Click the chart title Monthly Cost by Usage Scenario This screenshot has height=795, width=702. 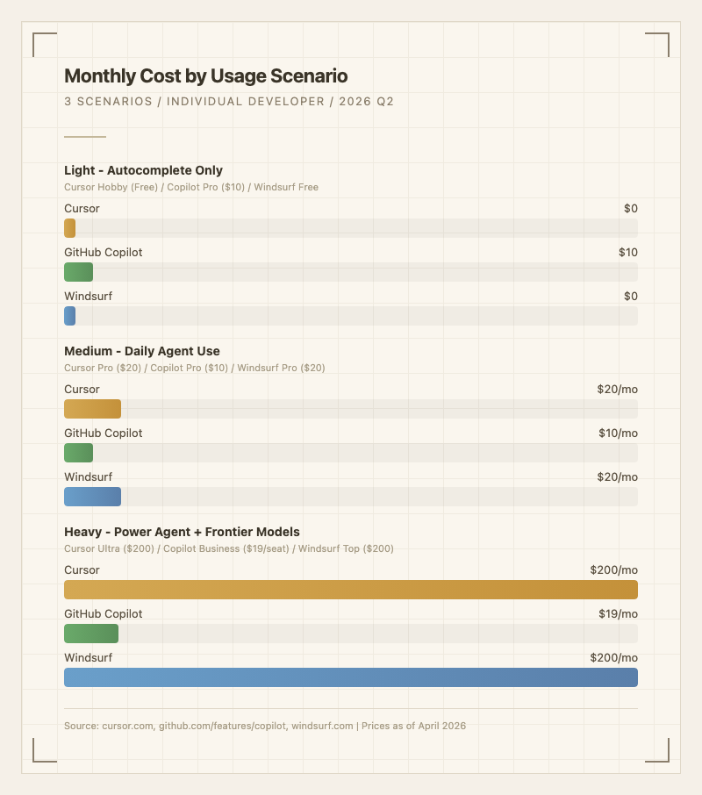pos(206,76)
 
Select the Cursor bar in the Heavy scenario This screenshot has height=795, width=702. pos(351,590)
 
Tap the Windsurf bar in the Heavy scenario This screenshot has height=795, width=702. pos(351,677)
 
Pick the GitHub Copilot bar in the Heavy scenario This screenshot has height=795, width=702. pos(91,634)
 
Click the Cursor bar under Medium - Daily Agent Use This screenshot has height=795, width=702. pos(92,409)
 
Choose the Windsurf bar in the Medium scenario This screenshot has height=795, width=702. pos(92,497)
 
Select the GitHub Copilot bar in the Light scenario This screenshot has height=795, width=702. pos(78,272)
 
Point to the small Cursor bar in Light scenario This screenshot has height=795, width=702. pos(69,228)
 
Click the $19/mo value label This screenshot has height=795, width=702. pos(618,614)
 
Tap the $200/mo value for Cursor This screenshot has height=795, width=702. pos(614,570)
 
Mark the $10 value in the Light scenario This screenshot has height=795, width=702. pos(627,253)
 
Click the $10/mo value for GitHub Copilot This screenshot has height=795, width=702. pos(618,433)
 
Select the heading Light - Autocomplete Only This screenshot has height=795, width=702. pos(143,170)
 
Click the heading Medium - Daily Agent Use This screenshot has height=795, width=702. pos(142,351)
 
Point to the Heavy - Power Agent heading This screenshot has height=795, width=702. pos(182,532)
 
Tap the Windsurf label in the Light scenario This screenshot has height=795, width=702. pos(88,297)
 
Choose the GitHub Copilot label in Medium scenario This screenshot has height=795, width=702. pos(103,433)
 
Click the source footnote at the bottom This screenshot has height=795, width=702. pos(265,726)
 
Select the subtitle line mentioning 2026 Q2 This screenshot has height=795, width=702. pos(229,102)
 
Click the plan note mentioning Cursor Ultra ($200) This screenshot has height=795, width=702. pos(229,548)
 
